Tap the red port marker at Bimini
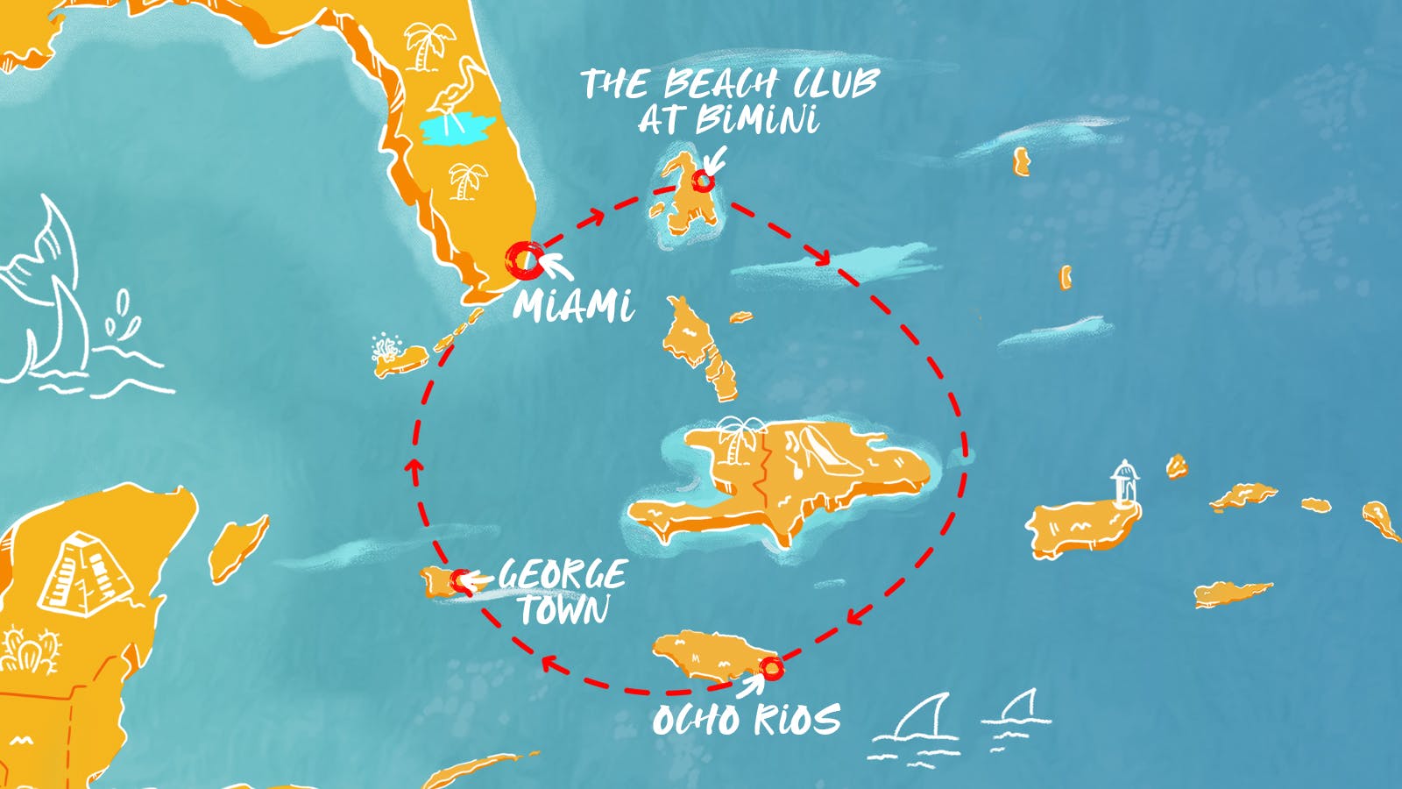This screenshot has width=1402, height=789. point(702,181)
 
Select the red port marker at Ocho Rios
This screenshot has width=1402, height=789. point(770,669)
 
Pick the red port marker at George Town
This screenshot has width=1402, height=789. point(460,579)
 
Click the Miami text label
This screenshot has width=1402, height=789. point(573,306)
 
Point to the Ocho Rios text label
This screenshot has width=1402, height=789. point(747,720)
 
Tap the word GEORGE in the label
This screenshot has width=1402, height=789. point(563,575)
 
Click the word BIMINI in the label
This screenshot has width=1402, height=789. point(757,120)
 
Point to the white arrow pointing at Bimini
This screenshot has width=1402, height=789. point(715,160)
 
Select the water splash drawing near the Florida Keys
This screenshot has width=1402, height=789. point(386,345)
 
